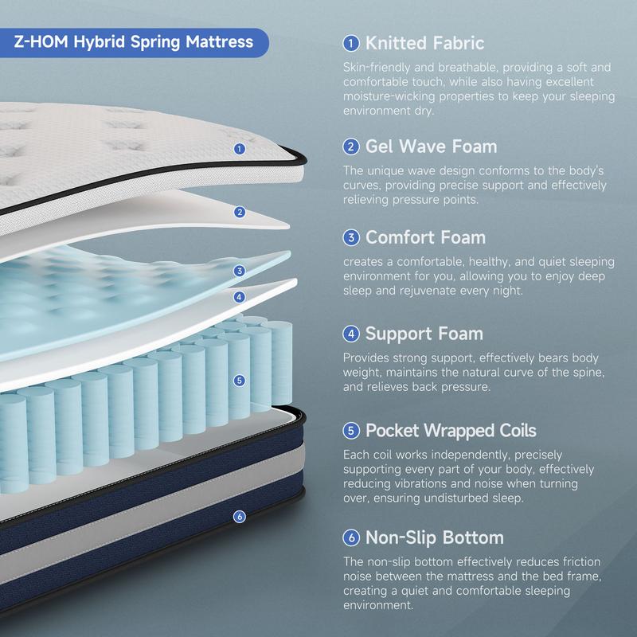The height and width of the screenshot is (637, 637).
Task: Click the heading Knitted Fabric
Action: [424, 43]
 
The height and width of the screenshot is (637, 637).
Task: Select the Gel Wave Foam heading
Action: [431, 147]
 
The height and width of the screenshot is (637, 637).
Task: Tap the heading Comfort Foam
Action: [425, 237]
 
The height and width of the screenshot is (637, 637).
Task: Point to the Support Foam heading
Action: [424, 334]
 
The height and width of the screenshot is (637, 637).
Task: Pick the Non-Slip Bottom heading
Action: [434, 537]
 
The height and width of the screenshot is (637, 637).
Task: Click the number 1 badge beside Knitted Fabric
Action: [350, 43]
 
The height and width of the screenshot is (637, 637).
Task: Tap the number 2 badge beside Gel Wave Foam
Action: [350, 147]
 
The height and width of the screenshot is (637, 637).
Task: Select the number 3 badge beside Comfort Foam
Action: [350, 237]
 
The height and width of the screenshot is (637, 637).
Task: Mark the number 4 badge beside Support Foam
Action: [350, 334]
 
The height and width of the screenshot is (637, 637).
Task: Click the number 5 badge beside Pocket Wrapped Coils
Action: [350, 431]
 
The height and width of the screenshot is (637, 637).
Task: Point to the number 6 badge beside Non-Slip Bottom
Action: [350, 537]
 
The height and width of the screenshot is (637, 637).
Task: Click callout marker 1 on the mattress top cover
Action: [240, 148]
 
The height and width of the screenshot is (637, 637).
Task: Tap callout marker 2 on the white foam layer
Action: [239, 212]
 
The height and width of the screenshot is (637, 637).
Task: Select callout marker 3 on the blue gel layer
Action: [239, 271]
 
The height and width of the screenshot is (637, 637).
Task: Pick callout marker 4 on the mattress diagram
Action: [239, 296]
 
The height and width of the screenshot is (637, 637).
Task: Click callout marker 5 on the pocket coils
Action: [240, 381]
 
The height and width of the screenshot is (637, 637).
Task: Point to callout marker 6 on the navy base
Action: [240, 517]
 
